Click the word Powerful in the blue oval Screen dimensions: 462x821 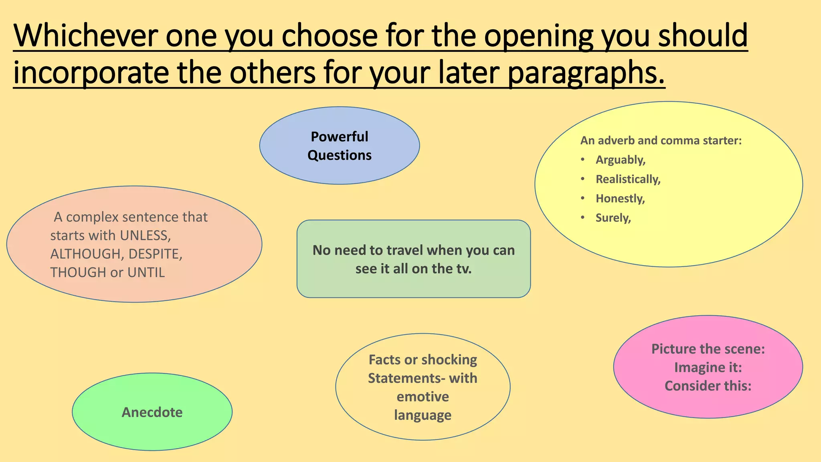point(339,137)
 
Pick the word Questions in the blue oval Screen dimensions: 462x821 point(339,155)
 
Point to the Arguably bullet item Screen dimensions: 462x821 point(620,160)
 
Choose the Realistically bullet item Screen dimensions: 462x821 point(628,179)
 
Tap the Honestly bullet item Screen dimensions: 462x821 point(620,199)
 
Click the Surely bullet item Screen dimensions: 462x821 point(613,218)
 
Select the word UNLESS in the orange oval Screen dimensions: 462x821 point(145,235)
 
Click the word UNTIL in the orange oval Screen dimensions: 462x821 point(146,272)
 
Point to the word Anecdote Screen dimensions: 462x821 point(152,412)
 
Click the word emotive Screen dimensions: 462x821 point(423,397)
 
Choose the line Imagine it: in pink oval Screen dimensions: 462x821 point(708,367)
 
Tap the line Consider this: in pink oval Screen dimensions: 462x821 point(708,386)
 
